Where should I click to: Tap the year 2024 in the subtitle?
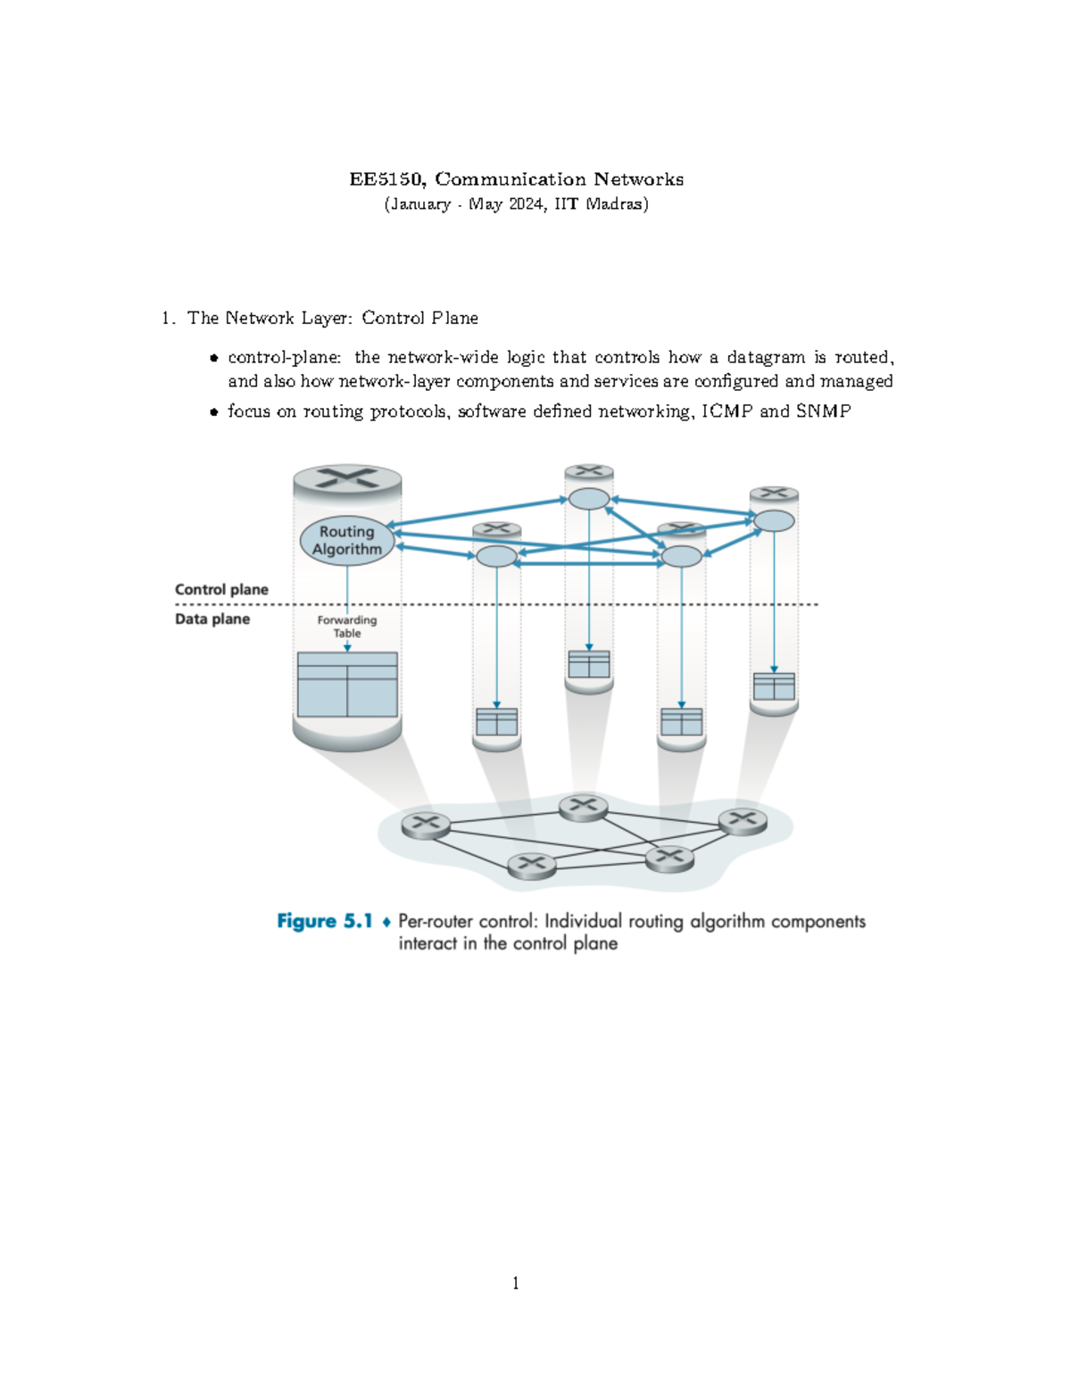click(527, 204)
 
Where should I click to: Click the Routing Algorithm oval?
click(347, 541)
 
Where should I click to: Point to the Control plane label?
click(221, 590)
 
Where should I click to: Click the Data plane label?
click(212, 619)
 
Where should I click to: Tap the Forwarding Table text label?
click(347, 627)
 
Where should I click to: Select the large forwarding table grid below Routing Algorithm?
click(347, 685)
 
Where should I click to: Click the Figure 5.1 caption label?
click(324, 921)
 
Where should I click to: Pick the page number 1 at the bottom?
click(516, 1283)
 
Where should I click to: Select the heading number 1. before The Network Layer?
click(168, 319)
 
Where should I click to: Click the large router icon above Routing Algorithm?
click(347, 478)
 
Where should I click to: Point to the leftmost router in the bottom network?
click(426, 824)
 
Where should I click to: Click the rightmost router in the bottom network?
click(743, 820)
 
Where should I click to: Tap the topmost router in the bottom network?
click(583, 807)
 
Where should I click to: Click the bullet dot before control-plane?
click(214, 359)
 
